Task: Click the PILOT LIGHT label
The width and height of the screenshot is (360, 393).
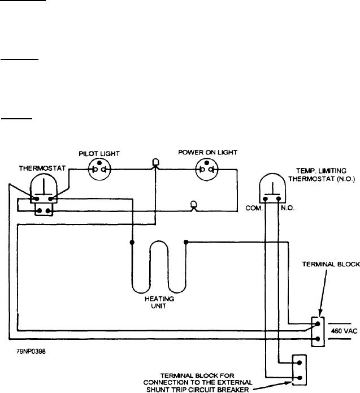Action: pyautogui.click(x=99, y=154)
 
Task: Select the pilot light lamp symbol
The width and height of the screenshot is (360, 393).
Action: pyautogui.click(x=99, y=169)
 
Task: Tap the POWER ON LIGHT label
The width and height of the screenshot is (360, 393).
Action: pyautogui.click(x=207, y=152)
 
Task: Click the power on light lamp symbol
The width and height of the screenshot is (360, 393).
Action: pyautogui.click(x=207, y=169)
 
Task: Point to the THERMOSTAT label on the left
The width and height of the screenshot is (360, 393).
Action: pyautogui.click(x=42, y=168)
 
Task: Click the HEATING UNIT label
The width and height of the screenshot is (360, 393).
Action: pyautogui.click(x=159, y=303)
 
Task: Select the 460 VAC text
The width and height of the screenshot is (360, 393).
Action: pyautogui.click(x=344, y=331)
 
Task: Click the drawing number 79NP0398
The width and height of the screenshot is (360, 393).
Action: pyautogui.click(x=31, y=351)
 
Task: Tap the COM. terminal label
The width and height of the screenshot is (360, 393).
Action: pyautogui.click(x=254, y=208)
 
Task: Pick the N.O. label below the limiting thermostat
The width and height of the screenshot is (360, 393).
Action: pyautogui.click(x=288, y=208)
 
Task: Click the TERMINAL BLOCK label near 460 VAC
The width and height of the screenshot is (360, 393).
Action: pyautogui.click(x=331, y=264)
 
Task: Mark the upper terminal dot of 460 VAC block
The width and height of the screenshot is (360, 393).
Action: pyautogui.click(x=318, y=324)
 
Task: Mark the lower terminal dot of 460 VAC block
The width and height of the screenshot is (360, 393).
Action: pyautogui.click(x=318, y=339)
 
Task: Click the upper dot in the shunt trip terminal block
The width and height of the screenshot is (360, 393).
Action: pyautogui.click(x=299, y=362)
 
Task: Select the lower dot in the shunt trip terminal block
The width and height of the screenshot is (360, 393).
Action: pyautogui.click(x=299, y=378)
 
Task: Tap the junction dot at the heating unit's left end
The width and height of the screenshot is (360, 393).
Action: pyautogui.click(x=132, y=243)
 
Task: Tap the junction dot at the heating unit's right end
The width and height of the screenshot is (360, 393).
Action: pyautogui.click(x=186, y=242)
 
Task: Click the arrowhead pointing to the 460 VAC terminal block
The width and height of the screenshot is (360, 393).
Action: pyautogui.click(x=320, y=313)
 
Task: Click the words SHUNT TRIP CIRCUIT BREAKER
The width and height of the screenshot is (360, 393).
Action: pyautogui.click(x=197, y=390)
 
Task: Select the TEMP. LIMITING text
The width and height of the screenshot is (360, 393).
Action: pyautogui.click(x=322, y=171)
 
